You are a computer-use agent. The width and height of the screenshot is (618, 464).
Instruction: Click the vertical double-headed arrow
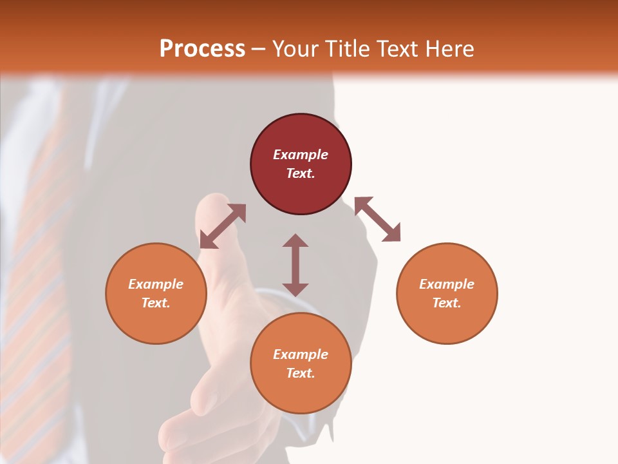point(295,265)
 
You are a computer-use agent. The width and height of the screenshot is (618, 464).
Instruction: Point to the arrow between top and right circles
point(377,219)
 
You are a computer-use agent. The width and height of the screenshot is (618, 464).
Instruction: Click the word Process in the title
point(202,48)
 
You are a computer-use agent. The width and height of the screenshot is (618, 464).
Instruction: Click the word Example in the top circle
point(301,155)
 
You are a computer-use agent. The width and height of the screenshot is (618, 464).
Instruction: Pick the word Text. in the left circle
point(156,303)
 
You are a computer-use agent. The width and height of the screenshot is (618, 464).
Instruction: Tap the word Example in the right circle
point(447,284)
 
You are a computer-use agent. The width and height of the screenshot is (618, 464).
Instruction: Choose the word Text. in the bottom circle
point(301,373)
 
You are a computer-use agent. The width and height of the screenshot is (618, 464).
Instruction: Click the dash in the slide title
point(259,48)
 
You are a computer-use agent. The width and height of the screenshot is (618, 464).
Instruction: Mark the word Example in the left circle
point(156,284)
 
